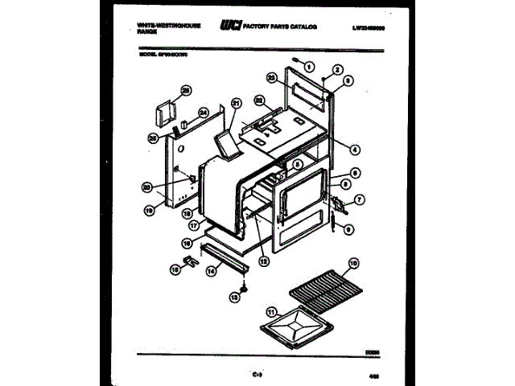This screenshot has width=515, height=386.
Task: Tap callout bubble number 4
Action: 355,147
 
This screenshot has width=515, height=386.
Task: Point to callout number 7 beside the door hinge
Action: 359,199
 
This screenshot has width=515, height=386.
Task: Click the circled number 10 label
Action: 353,263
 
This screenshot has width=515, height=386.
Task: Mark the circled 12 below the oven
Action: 264,259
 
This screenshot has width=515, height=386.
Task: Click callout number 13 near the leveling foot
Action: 234,298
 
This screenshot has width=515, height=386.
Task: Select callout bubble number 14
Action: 212,272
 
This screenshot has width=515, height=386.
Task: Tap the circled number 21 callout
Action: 236,103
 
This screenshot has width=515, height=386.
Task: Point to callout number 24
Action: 204,112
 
